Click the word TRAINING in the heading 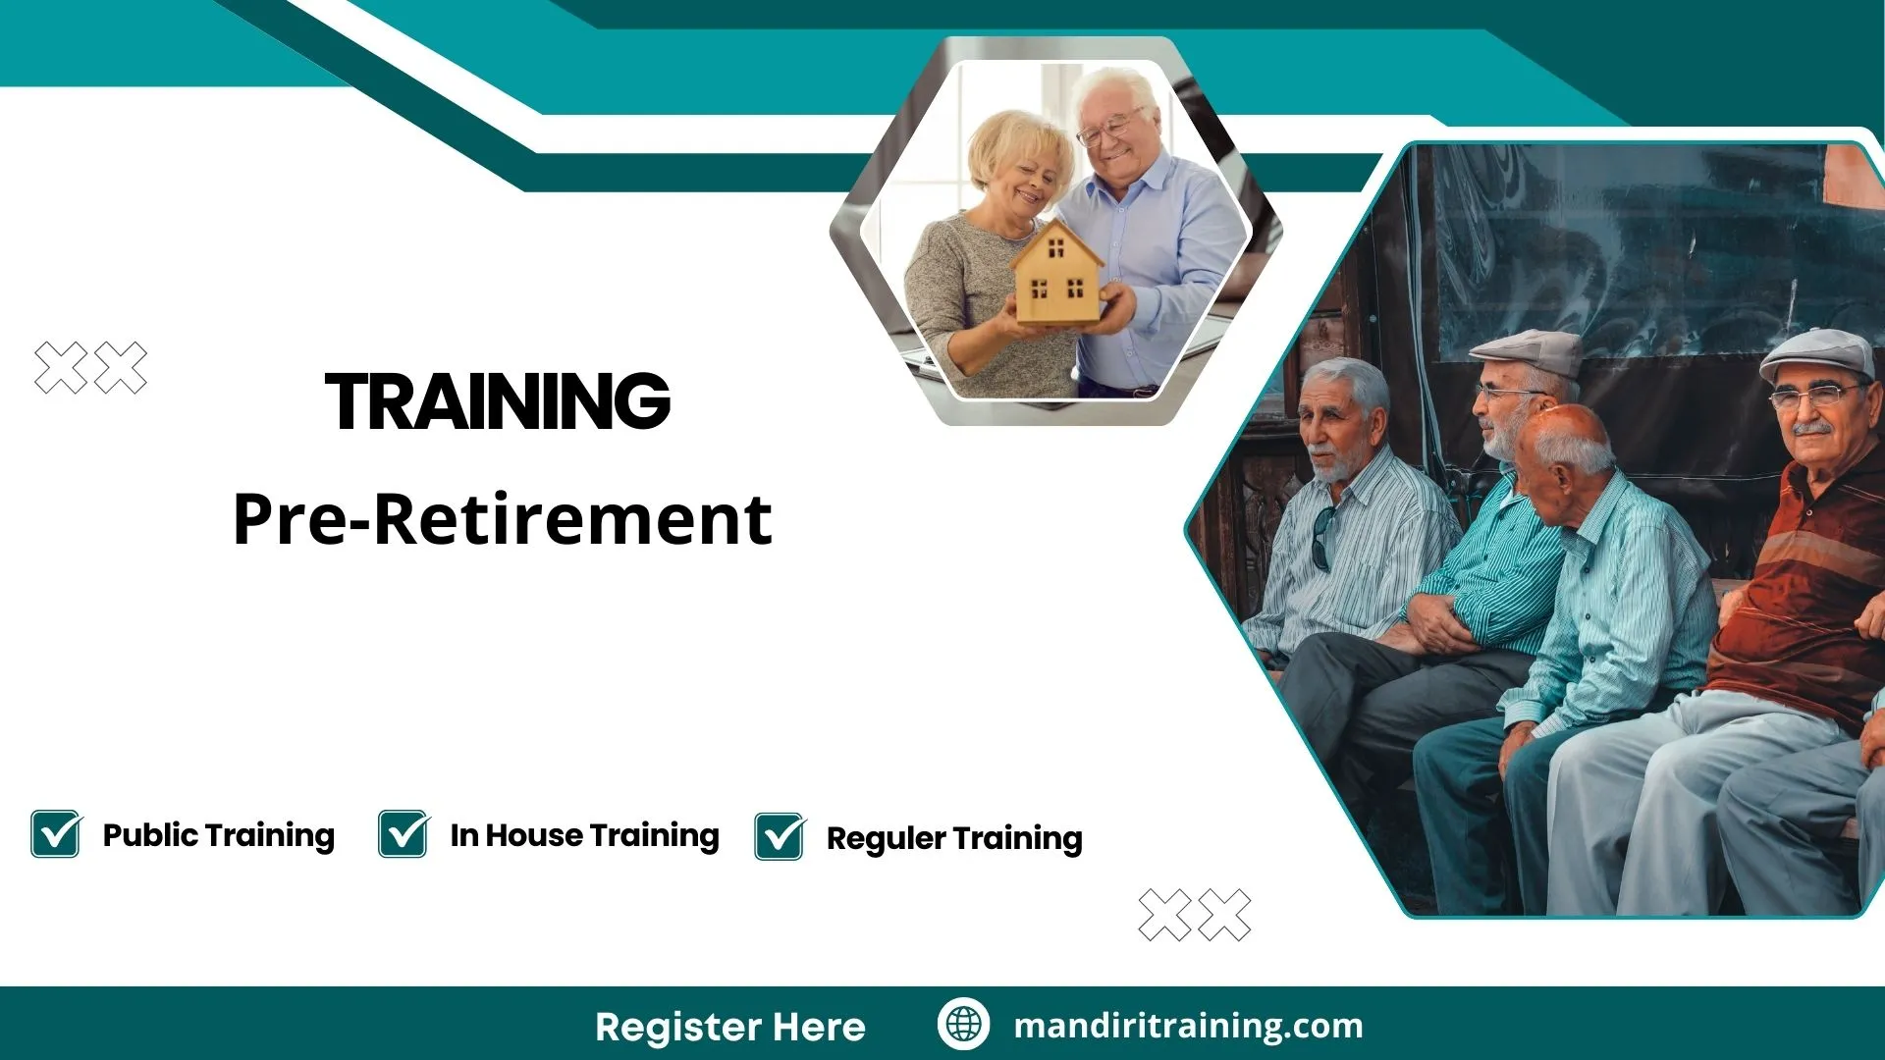point(498,401)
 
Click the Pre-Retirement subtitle point(502,519)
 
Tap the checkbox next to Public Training point(56,834)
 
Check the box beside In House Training point(404,834)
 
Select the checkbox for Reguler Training point(780,837)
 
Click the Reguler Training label point(953,838)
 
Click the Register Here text point(729,1027)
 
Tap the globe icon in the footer point(963,1024)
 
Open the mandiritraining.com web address point(1188,1026)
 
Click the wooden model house point(1057,275)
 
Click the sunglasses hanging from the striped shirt point(1323,538)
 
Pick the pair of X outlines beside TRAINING point(90,368)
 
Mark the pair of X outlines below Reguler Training point(1194,915)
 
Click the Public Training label point(218,835)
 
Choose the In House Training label point(584,835)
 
